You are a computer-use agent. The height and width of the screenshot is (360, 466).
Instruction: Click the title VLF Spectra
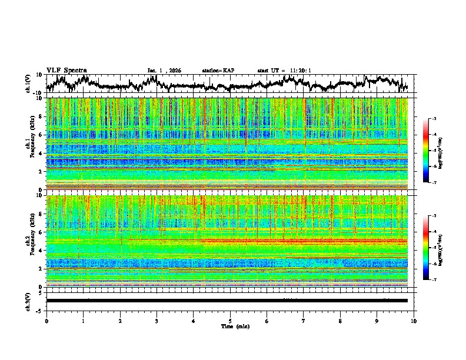coord(66,70)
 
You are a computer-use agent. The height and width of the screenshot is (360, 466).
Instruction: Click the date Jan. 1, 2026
coord(164,71)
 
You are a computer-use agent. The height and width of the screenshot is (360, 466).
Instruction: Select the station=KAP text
coord(218,71)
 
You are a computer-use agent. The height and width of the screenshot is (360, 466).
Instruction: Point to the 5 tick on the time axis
coord(230,320)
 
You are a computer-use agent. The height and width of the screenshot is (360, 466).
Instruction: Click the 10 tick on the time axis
coord(414,320)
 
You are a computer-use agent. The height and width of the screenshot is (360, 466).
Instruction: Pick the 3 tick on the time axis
coord(157,320)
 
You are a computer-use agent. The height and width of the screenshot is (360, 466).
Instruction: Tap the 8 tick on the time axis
coord(340,320)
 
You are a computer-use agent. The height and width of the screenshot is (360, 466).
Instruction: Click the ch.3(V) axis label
coord(28,301)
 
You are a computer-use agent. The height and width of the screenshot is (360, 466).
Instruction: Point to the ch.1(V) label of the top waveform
coord(28,84)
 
